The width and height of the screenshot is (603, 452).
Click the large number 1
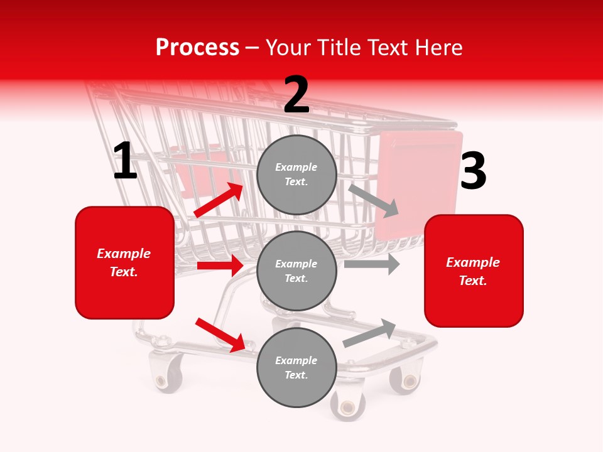(125, 161)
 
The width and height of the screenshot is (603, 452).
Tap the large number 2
(296, 95)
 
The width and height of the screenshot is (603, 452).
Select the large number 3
(473, 171)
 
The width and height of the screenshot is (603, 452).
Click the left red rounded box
(124, 262)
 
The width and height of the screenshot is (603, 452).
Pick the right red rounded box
(474, 271)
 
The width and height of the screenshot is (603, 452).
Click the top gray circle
(296, 175)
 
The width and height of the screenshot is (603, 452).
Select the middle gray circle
(296, 271)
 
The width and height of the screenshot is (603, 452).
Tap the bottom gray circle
(296, 367)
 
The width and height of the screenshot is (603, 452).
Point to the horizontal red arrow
(220, 266)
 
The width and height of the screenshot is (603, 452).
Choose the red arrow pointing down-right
(220, 335)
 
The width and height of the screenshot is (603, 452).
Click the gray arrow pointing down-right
(374, 200)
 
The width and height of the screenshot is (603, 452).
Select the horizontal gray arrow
(372, 264)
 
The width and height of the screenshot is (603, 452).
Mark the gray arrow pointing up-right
(369, 333)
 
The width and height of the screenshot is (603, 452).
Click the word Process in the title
(197, 47)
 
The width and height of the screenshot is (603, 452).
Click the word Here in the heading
(440, 47)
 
